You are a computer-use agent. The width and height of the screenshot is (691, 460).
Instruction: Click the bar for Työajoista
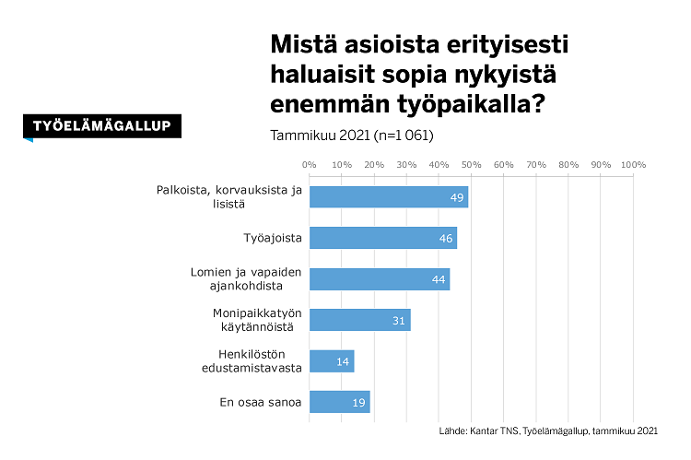(382, 238)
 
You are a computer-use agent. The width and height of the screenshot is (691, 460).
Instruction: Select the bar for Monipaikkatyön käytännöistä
(359, 320)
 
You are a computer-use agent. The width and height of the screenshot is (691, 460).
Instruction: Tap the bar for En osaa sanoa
(339, 402)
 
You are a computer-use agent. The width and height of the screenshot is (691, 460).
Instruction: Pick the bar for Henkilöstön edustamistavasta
(331, 361)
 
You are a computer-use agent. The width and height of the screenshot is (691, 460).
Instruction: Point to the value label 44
(439, 279)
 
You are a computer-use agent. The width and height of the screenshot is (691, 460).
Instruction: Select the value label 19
(357, 403)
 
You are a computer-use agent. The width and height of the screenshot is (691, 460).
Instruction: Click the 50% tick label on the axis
(471, 165)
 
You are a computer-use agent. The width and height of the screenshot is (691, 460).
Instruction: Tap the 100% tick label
(633, 165)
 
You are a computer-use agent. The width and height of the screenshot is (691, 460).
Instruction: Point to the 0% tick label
(309, 165)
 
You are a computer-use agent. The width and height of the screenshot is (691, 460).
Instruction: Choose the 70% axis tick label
(536, 165)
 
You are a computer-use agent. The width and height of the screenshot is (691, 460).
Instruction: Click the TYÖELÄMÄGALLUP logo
(101, 126)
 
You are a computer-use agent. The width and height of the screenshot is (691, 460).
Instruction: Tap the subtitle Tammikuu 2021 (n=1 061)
(351, 135)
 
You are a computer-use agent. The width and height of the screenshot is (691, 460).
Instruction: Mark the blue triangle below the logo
(29, 139)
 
